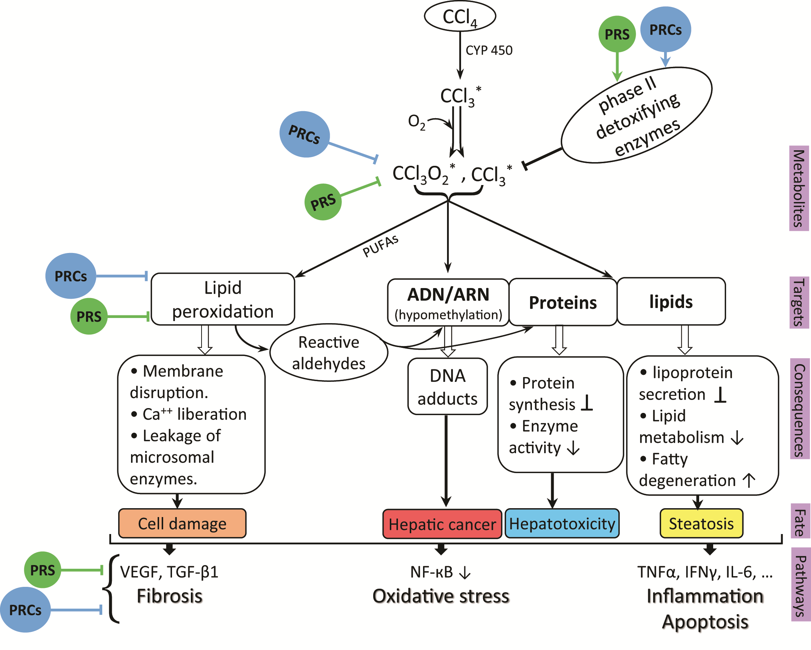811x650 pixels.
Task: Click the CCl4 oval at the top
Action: [x=460, y=16]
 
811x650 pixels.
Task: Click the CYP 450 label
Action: [x=489, y=51]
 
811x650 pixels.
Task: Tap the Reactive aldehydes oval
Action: [x=329, y=353]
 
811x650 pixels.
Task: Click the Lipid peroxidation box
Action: [x=223, y=299]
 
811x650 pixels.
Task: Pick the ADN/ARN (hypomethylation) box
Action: [x=448, y=302]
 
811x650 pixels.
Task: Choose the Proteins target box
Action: [x=563, y=302]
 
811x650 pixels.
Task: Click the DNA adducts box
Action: [x=448, y=387]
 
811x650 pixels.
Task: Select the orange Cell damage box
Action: [x=182, y=524]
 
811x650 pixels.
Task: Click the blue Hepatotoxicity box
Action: [x=562, y=524]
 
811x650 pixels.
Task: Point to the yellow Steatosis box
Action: [x=701, y=524]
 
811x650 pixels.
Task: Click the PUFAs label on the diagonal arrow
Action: [x=380, y=246]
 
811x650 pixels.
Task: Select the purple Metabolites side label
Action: [x=798, y=188]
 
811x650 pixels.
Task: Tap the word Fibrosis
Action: [x=170, y=596]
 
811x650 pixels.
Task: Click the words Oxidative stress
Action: [x=441, y=596]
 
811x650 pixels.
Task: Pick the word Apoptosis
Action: [x=705, y=622]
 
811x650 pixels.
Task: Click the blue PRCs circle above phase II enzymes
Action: [x=666, y=29]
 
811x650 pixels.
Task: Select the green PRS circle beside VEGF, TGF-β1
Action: [x=42, y=570]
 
